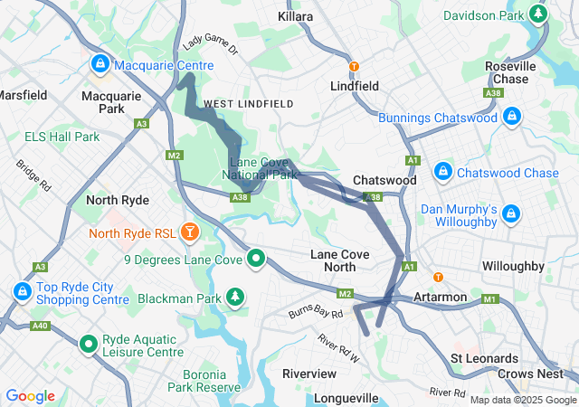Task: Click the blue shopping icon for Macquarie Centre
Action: click(100, 65)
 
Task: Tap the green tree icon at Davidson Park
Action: click(539, 14)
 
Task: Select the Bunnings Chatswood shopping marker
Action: click(511, 117)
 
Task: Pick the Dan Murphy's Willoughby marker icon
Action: click(511, 214)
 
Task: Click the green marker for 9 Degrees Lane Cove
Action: click(257, 260)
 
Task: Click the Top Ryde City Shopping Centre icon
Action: click(22, 292)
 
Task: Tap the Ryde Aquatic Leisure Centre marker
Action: click(89, 344)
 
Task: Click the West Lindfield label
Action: click(248, 104)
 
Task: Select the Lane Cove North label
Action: click(339, 260)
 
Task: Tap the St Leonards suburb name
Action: click(485, 358)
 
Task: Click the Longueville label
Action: click(346, 398)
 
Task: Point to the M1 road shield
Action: click(490, 299)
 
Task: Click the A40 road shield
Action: click(39, 326)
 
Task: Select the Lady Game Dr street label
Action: click(210, 45)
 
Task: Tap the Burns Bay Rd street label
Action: click(316, 313)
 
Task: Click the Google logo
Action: click(30, 396)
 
